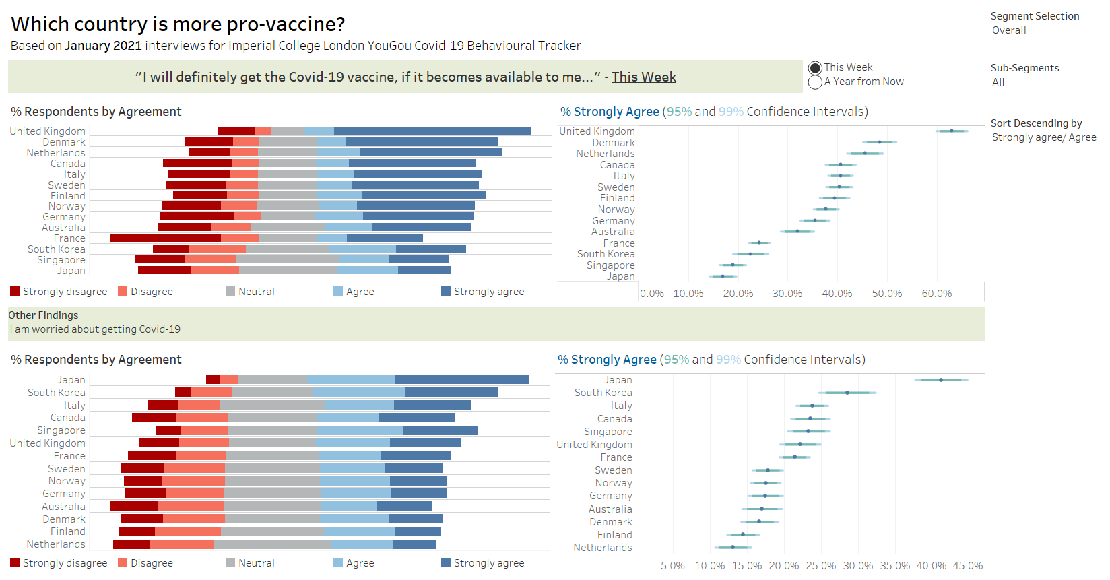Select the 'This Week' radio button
tap(815, 68)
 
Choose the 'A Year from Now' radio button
tap(815, 82)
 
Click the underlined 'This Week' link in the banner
tap(643, 77)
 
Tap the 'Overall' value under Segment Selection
tap(1009, 30)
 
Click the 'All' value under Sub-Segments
tap(998, 82)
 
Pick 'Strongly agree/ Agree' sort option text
tap(1044, 137)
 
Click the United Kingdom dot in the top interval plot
tap(951, 131)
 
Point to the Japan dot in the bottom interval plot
tap(941, 380)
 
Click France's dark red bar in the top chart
tap(165, 238)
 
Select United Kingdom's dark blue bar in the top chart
tap(432, 131)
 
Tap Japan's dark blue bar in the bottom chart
tap(461, 379)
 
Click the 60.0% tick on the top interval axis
tap(936, 294)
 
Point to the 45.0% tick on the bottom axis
tap(967, 566)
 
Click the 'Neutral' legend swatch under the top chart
tap(230, 292)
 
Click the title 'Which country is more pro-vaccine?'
tap(178, 24)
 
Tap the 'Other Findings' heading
tap(43, 315)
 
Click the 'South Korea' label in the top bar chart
tap(57, 249)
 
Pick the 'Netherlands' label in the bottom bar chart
tap(56, 544)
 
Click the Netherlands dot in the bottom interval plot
tap(733, 547)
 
